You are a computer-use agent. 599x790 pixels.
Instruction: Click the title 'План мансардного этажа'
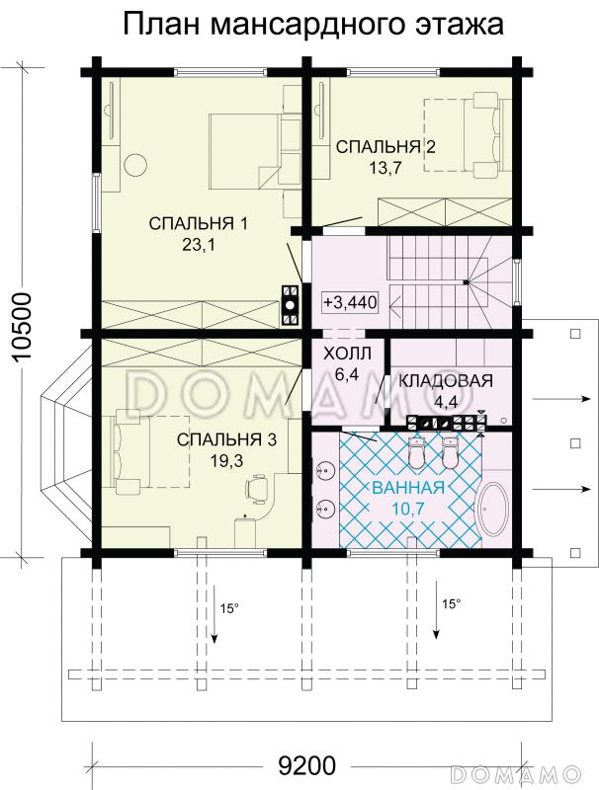point(313,25)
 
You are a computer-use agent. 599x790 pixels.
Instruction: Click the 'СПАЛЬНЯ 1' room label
point(198,223)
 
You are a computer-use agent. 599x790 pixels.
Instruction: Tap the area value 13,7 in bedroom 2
point(385,168)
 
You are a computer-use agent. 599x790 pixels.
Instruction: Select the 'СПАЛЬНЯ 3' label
point(227,439)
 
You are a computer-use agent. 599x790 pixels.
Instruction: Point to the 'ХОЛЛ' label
point(347,354)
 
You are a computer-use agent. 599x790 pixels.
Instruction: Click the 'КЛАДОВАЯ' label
point(446,381)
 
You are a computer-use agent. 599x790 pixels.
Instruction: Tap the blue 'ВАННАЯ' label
point(408,488)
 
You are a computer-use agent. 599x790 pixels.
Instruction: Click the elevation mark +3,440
point(351,302)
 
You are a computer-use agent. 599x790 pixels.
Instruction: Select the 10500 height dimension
point(22,327)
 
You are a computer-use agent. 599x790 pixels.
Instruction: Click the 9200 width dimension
point(306,766)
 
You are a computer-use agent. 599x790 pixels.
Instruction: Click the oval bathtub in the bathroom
point(490,512)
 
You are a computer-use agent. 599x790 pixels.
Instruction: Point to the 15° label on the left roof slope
point(229,608)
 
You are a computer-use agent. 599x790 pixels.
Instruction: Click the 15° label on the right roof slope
point(452,603)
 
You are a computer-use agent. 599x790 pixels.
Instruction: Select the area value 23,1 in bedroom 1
point(198,245)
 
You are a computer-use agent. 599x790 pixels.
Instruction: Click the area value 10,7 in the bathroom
point(408,509)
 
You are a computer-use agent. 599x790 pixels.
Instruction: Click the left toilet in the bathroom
point(416,452)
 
